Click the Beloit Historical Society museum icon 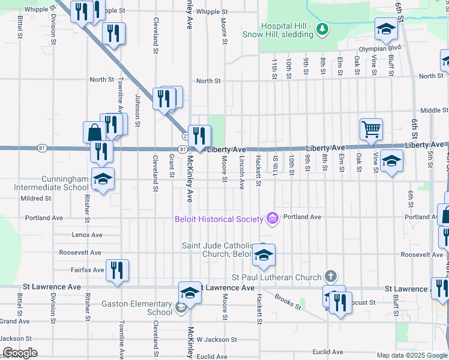273,218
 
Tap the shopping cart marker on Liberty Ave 372,128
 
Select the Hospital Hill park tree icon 322,28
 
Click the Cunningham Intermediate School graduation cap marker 103,179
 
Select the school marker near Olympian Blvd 387,28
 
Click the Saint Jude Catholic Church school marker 264,255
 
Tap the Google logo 20,353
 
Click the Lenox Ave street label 87,235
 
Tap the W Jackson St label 217,339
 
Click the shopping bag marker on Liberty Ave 95,133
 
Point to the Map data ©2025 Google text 411,355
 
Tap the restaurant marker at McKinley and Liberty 199,136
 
